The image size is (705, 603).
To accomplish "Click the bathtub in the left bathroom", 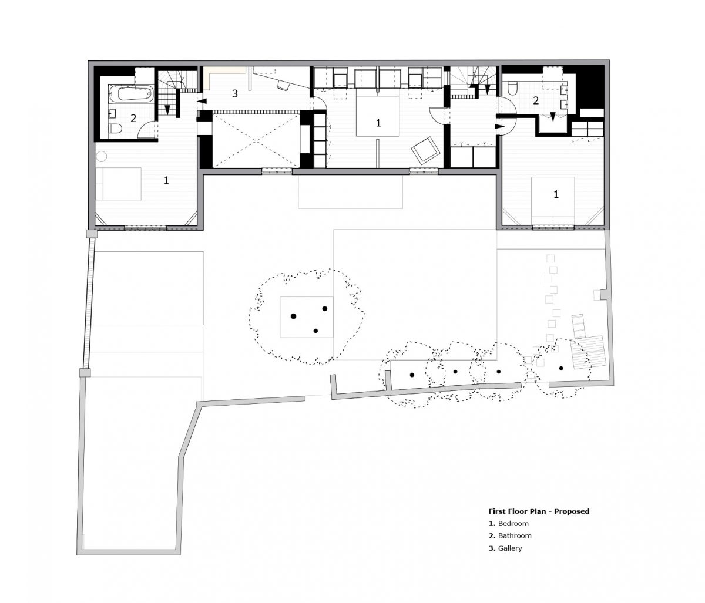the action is pyautogui.click(x=131, y=93).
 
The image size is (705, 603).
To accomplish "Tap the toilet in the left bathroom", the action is pyautogui.click(x=115, y=129).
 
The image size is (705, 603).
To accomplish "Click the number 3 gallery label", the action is pyautogui.click(x=234, y=93).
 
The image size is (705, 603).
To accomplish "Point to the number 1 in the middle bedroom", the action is pyautogui.click(x=378, y=123).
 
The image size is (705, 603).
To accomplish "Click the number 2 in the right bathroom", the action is pyautogui.click(x=535, y=100).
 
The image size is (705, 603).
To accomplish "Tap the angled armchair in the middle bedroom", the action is pyautogui.click(x=425, y=151).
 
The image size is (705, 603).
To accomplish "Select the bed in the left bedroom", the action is pyautogui.click(x=118, y=183).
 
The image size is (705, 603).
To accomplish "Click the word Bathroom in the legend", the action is pyautogui.click(x=515, y=535).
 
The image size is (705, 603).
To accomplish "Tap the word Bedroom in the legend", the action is pyautogui.click(x=513, y=523).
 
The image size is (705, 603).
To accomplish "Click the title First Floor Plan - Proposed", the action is pyautogui.click(x=539, y=511).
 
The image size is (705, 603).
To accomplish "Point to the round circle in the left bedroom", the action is pyautogui.click(x=101, y=156).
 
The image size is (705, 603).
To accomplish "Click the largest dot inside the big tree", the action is pyautogui.click(x=293, y=316).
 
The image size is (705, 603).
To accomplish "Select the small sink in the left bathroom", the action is pyautogui.click(x=113, y=113).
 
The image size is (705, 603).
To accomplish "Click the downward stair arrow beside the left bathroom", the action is pyautogui.click(x=167, y=110).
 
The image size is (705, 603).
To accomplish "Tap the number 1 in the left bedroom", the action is pyautogui.click(x=166, y=180).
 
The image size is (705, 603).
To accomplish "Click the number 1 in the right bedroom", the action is pyautogui.click(x=556, y=194).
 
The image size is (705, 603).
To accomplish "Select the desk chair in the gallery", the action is pyautogui.click(x=282, y=85).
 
